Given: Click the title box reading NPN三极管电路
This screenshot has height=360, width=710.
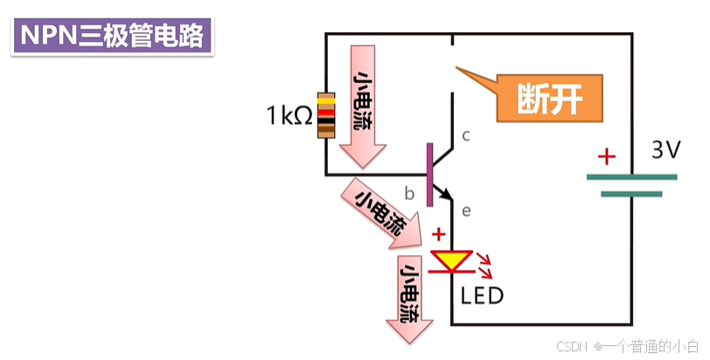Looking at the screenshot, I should [x=111, y=35].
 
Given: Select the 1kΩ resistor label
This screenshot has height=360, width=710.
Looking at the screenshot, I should [x=289, y=114].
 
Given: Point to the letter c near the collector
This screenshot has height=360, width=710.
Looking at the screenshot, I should [x=466, y=135].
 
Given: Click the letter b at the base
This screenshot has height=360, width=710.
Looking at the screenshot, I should [x=408, y=192].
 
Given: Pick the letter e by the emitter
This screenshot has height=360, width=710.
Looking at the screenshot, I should [x=466, y=211].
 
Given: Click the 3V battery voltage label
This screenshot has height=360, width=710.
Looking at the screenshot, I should [x=665, y=150].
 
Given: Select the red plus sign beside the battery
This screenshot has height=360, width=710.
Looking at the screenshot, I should [x=606, y=157].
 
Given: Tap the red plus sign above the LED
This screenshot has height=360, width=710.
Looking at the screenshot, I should [x=438, y=235].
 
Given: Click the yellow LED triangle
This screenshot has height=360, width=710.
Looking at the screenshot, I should [x=451, y=260].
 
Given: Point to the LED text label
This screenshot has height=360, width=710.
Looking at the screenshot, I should [x=482, y=296].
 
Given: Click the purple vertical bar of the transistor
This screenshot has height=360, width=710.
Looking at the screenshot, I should [x=429, y=175].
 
